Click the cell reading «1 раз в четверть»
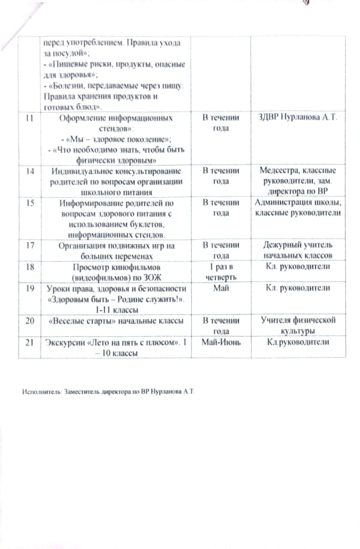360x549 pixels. [220, 271]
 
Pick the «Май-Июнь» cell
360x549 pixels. [220, 342]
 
